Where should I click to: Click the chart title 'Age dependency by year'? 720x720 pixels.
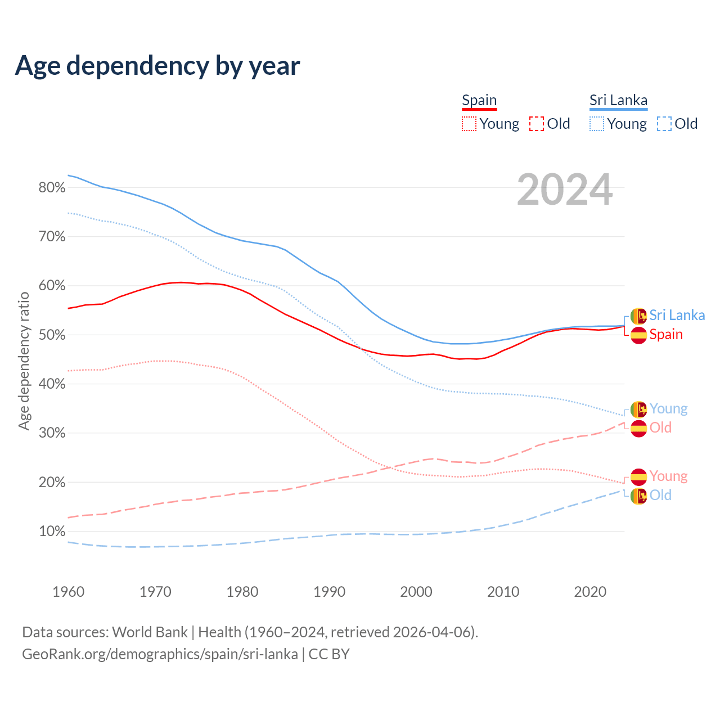[157, 66]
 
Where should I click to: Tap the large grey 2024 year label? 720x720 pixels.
[564, 190]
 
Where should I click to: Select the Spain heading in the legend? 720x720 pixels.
[479, 100]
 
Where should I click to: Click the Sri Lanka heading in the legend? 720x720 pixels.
[618, 100]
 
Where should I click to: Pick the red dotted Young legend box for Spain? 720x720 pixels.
[469, 124]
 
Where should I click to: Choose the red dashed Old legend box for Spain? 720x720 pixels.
[537, 124]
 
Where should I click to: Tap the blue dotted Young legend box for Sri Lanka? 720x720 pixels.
[597, 124]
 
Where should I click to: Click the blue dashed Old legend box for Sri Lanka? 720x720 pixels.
[664, 124]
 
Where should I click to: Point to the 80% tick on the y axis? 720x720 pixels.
[52, 188]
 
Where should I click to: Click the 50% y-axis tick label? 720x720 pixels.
[52, 335]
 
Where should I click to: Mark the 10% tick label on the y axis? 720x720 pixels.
[52, 532]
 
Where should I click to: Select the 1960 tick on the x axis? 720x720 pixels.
[68, 592]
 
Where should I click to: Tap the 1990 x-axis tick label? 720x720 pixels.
[329, 592]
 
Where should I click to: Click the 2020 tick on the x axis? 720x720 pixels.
[590, 592]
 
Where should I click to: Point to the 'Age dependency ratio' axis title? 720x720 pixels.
[24, 361]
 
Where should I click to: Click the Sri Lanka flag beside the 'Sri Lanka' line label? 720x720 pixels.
[638, 316]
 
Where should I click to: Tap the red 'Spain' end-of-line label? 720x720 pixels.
[666, 335]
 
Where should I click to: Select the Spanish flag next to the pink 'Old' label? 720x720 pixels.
[638, 429]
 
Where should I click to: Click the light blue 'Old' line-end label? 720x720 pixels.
[660, 496]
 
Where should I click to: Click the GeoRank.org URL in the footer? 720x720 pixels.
[160, 654]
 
